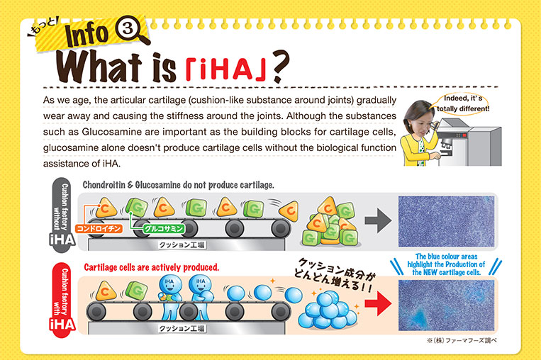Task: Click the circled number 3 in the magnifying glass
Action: (x=128, y=28)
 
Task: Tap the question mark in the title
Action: (x=279, y=66)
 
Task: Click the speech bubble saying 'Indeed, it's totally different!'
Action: (x=462, y=103)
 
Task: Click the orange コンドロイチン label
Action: (x=99, y=228)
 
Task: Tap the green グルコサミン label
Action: (x=164, y=229)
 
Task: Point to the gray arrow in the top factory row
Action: (x=378, y=220)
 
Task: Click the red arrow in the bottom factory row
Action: (x=378, y=303)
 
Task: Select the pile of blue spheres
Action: (x=327, y=310)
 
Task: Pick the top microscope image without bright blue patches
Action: (x=446, y=221)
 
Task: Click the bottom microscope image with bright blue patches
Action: (x=446, y=305)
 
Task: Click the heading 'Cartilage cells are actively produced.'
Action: (x=152, y=267)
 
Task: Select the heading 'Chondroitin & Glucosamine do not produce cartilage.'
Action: (x=179, y=185)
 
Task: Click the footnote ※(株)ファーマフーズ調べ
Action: (x=462, y=341)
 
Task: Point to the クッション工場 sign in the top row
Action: (x=182, y=244)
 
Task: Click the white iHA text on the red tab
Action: (x=62, y=325)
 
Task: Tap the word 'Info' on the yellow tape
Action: (x=87, y=35)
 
